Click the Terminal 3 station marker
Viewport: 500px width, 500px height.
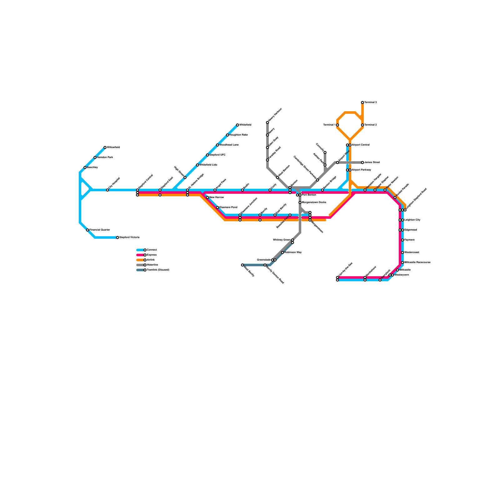click(x=362, y=102)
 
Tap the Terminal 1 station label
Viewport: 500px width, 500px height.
click(x=329, y=125)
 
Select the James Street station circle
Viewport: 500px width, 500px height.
click(x=362, y=162)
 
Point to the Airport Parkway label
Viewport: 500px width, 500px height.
click(x=361, y=170)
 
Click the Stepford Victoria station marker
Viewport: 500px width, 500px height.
click(x=117, y=237)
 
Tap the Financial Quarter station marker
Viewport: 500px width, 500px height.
click(x=87, y=230)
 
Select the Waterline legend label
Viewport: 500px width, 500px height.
click(x=152, y=265)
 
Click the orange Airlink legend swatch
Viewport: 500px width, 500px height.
click(x=140, y=260)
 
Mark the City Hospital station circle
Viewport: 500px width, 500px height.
click(x=107, y=190)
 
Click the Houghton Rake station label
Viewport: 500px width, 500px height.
click(x=238, y=135)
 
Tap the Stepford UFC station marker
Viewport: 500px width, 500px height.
click(x=207, y=155)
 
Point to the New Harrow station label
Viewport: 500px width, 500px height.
click(x=216, y=197)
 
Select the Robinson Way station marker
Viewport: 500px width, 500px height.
click(x=282, y=252)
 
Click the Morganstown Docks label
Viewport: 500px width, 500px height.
click(x=314, y=202)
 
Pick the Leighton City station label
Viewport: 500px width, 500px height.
click(x=412, y=220)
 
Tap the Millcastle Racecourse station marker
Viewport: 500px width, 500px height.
click(x=402, y=262)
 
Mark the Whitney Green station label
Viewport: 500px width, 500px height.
click(x=281, y=240)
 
